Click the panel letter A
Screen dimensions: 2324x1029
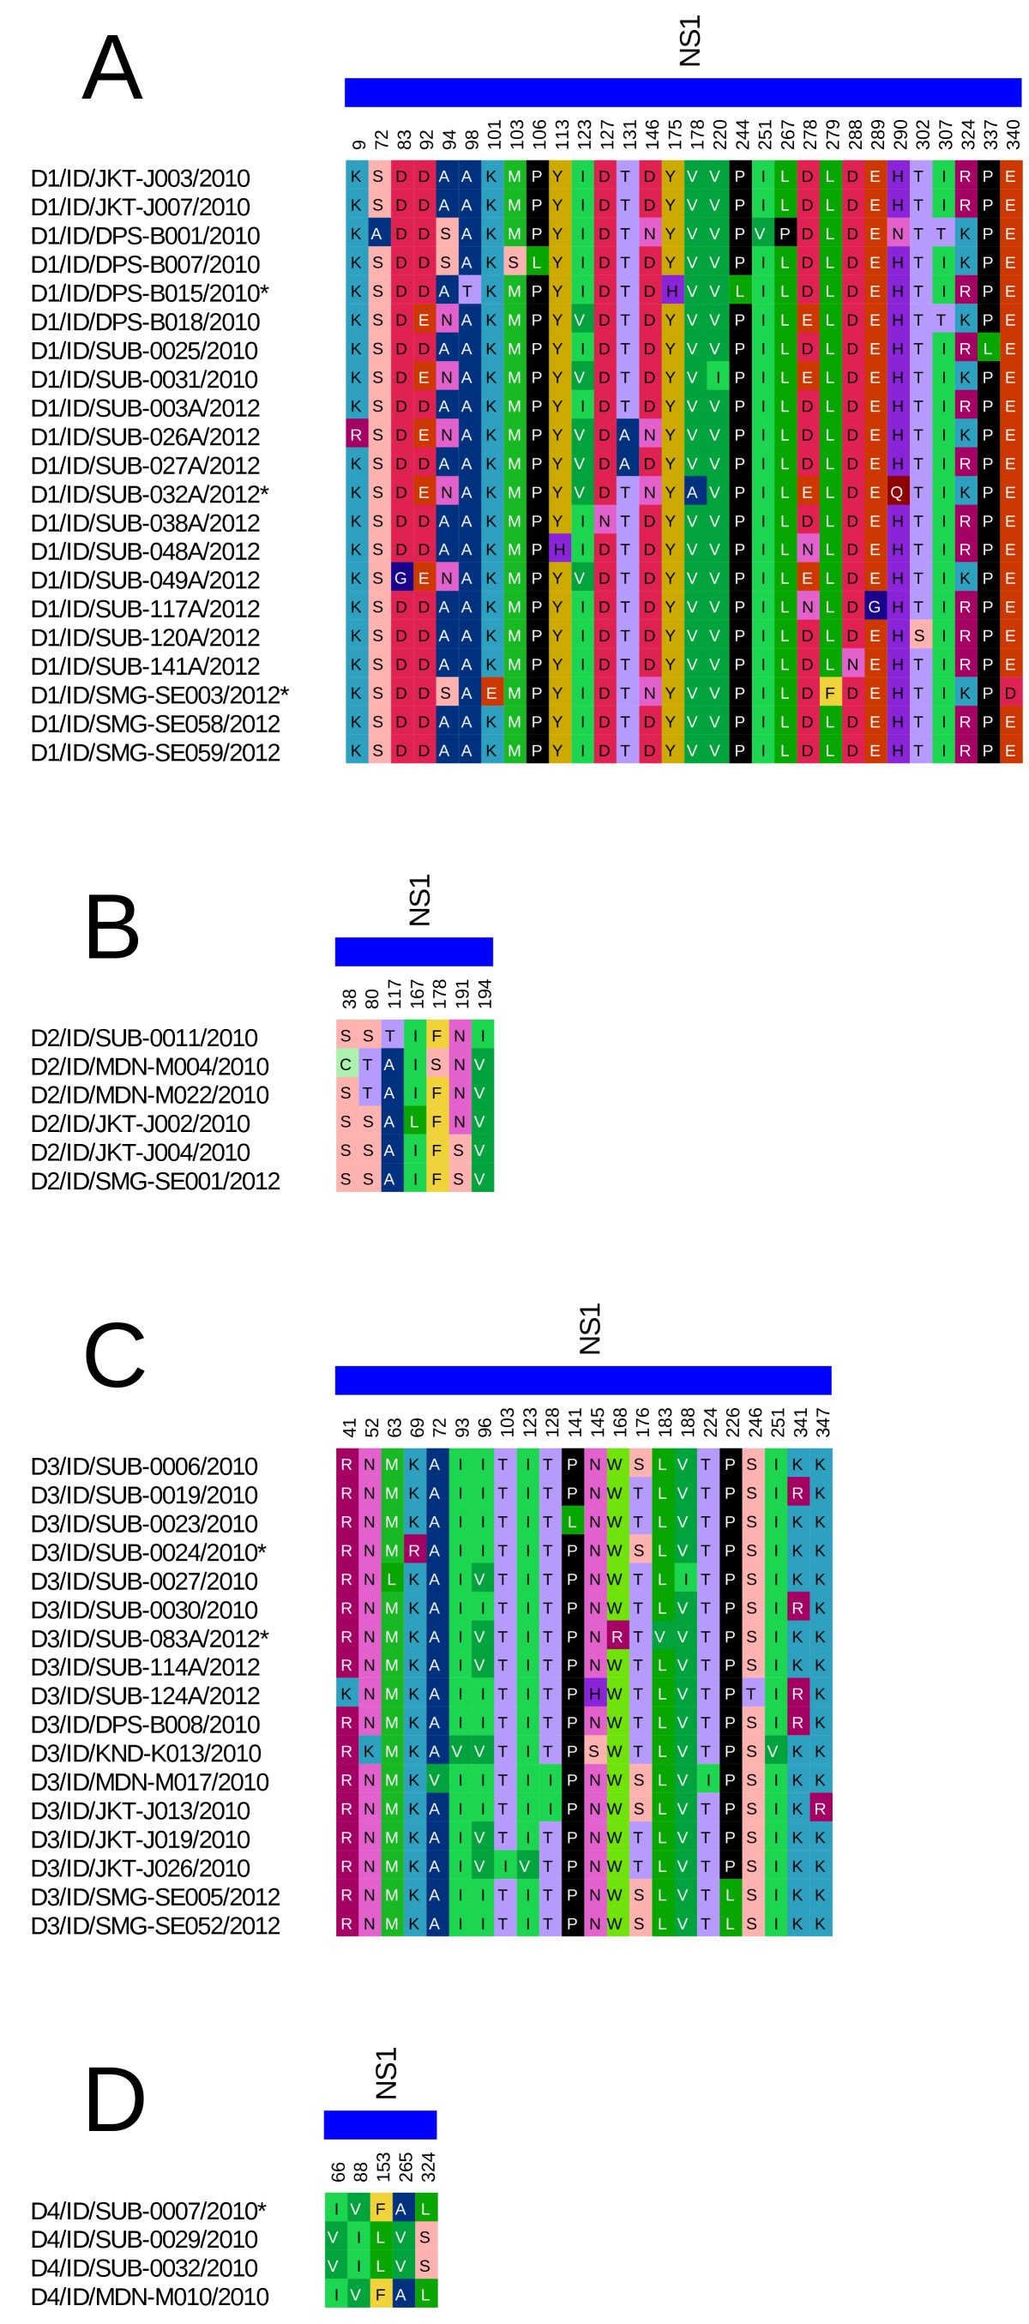coord(111,68)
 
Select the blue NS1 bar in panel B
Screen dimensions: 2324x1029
coord(414,951)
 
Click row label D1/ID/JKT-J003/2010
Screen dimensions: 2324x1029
coord(140,178)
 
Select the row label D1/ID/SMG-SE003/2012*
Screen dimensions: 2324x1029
coord(159,695)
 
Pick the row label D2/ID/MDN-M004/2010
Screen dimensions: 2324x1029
coord(150,1066)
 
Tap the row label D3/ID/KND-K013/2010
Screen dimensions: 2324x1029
coord(145,1753)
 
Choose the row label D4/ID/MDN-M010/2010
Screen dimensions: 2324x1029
coord(150,2296)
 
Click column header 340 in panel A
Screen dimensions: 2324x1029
coord(1013,134)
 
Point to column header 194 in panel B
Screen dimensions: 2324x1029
coord(484,993)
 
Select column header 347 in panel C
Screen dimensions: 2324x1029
coord(821,1422)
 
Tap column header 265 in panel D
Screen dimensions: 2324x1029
coord(405,2166)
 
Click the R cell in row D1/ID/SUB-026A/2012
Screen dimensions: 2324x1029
coord(356,436)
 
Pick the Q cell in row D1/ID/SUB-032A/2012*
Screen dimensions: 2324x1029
coord(896,492)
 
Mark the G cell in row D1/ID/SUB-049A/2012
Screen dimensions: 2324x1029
coord(400,578)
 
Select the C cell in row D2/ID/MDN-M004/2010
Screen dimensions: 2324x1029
coord(346,1064)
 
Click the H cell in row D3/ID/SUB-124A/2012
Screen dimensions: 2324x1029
coord(594,1694)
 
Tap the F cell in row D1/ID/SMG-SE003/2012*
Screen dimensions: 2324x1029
coord(830,694)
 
